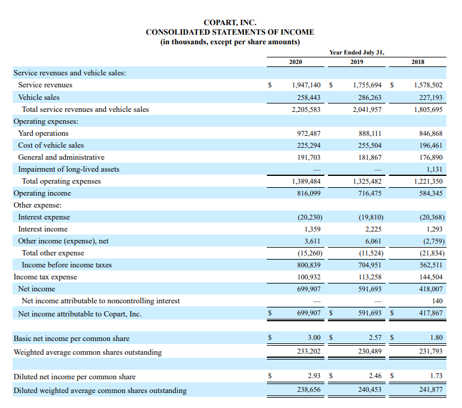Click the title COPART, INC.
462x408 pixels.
click(230, 22)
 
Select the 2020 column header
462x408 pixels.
click(296, 62)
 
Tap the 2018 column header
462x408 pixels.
click(418, 62)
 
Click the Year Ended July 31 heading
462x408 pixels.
click(357, 53)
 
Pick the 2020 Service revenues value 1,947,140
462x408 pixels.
click(306, 85)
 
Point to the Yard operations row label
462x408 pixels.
click(43, 133)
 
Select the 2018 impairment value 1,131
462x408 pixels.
click(434, 169)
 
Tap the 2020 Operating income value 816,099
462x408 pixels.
click(309, 193)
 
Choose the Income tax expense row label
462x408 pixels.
click(45, 277)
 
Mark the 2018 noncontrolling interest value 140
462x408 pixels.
click(437, 301)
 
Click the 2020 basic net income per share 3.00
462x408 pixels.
click(314, 337)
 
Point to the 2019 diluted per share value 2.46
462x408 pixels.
click(375, 376)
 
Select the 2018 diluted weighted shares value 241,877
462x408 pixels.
click(431, 389)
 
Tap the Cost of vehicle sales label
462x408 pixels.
click(51, 145)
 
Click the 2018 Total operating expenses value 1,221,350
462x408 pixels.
click(428, 181)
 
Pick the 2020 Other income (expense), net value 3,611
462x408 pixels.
click(312, 241)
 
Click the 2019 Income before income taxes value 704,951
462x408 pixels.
click(370, 265)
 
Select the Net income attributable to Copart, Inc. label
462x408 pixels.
click(80, 314)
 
